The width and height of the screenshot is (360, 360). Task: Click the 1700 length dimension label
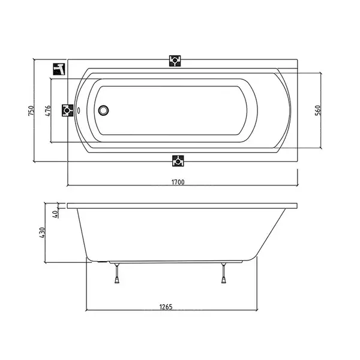tap(178, 182)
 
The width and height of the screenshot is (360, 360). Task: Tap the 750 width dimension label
tap(31, 110)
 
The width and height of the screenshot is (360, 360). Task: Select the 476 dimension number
tap(47, 110)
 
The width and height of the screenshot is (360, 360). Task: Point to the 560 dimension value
tap(317, 110)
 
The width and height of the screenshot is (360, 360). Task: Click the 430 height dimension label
tap(42, 232)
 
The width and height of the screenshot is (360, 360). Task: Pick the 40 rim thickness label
tap(55, 214)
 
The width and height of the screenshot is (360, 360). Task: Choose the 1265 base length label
tap(166, 307)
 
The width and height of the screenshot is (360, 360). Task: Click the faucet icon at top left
tap(59, 69)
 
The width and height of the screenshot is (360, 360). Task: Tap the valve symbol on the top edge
tap(175, 61)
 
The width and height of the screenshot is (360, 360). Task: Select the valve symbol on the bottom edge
tap(178, 161)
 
